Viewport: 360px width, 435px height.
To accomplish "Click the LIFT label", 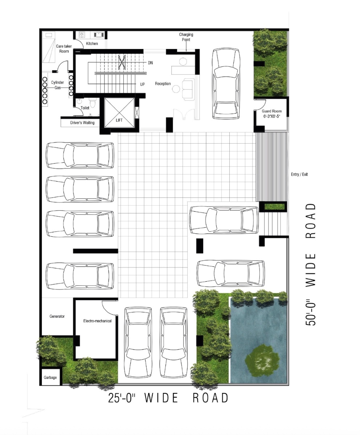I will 119,120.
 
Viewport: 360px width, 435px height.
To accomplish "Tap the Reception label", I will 163,84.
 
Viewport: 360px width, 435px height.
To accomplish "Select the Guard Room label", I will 271,111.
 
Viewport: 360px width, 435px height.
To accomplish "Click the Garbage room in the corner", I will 50,377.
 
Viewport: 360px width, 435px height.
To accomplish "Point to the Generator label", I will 57,316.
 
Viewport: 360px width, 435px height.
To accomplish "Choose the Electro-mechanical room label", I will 97,321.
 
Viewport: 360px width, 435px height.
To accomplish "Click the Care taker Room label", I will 64,49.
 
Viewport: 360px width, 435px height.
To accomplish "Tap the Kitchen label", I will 92,43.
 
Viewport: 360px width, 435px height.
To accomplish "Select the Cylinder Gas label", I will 57,85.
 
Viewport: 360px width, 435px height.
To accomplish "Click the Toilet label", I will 85,108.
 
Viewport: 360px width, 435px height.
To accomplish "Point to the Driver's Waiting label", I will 82,123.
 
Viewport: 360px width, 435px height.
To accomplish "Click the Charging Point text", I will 186,37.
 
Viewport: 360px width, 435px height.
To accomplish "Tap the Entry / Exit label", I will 299,174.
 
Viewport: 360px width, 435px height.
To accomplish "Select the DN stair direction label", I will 150,63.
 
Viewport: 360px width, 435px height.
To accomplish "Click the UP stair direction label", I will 143,84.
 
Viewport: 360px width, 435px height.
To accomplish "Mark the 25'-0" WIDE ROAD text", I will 168,398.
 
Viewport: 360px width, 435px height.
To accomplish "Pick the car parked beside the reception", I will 226,84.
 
